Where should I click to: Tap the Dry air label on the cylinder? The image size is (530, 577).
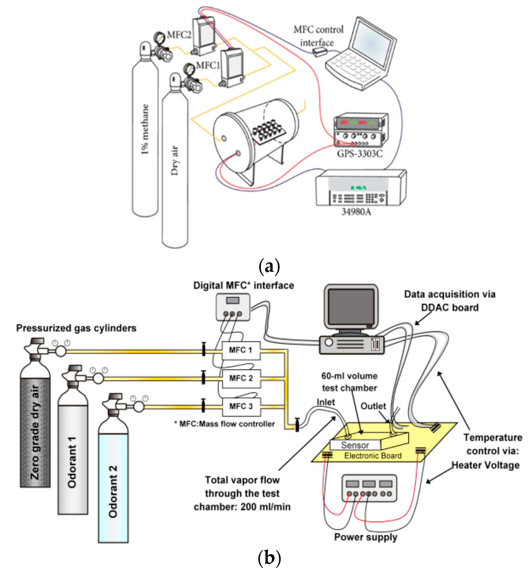pyautogui.click(x=175, y=161)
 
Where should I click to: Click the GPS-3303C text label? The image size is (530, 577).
pyautogui.click(x=360, y=154)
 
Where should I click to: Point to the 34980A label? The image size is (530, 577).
pyautogui.click(x=356, y=212)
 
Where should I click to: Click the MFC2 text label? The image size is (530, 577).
pyautogui.click(x=179, y=35)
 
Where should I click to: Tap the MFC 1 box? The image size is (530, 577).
pyautogui.click(x=241, y=350)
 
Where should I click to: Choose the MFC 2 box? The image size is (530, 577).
pyautogui.click(x=241, y=378)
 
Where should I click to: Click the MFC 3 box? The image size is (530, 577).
pyautogui.click(x=241, y=407)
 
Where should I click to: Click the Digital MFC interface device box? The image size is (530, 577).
pyautogui.click(x=233, y=307)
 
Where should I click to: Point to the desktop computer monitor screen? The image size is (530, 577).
pyautogui.click(x=351, y=307)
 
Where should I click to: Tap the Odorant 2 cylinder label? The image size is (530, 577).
pyautogui.click(x=113, y=492)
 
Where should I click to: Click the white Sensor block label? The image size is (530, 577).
pyautogui.click(x=355, y=445)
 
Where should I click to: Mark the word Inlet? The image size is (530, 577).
pyautogui.click(x=325, y=402)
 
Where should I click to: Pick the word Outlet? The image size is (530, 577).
pyautogui.click(x=373, y=406)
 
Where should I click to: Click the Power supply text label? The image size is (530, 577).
pyautogui.click(x=366, y=537)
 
